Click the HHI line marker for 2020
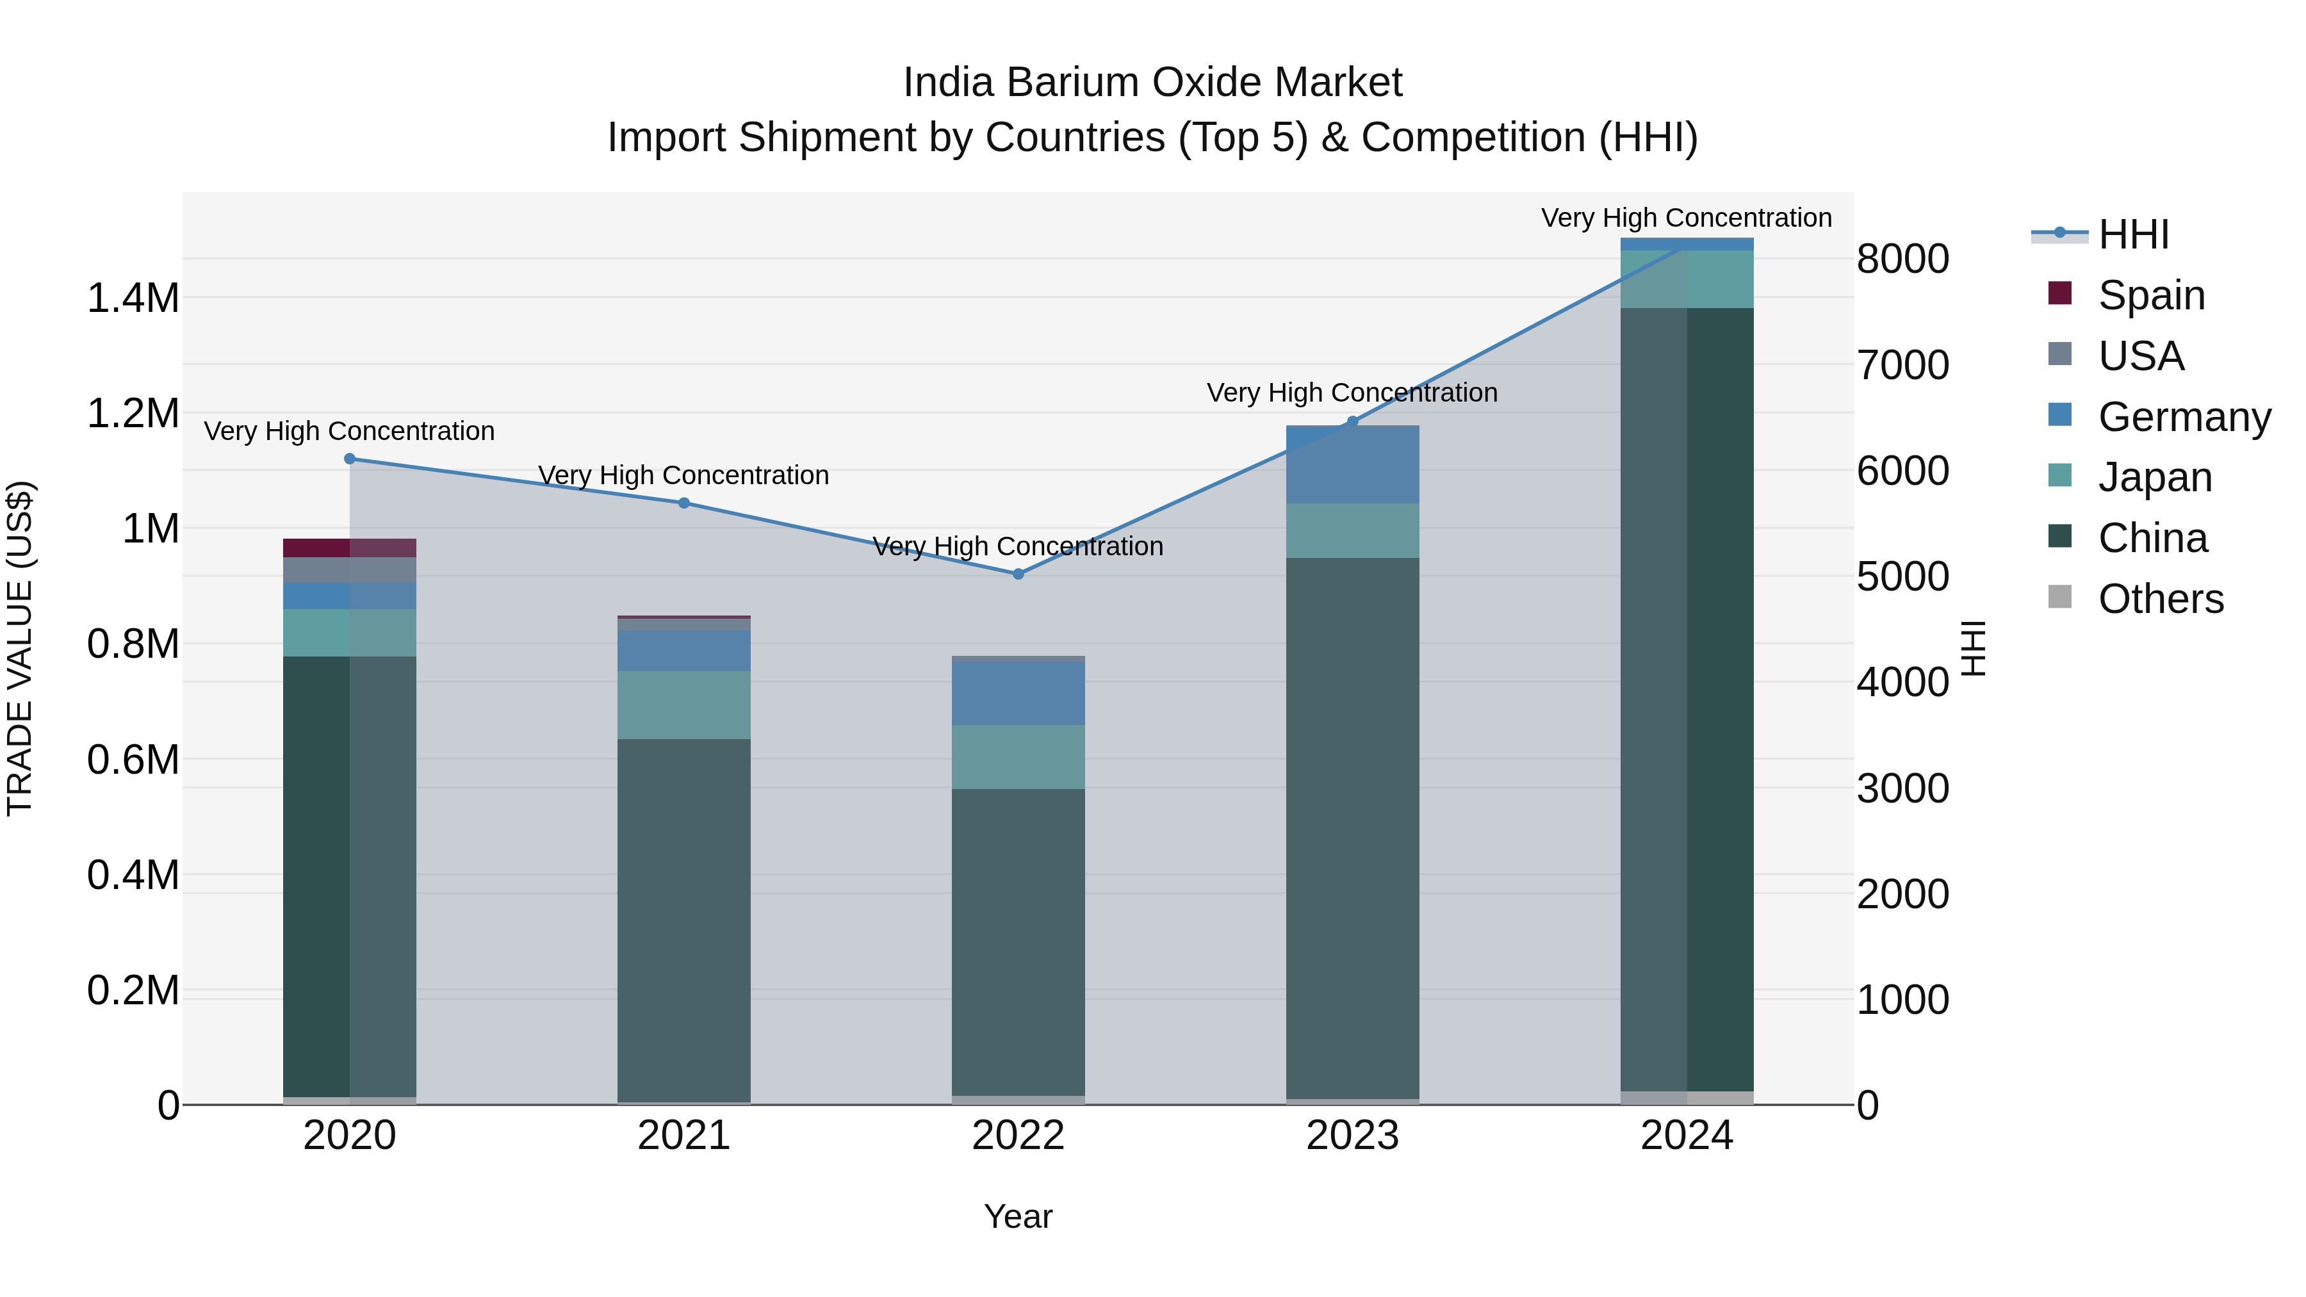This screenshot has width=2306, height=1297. tap(350, 459)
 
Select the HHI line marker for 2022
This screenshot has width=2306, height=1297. tap(1018, 574)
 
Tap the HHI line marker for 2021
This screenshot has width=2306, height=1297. tap(684, 503)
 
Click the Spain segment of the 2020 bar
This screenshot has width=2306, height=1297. tap(350, 548)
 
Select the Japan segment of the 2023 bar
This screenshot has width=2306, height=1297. tap(1353, 531)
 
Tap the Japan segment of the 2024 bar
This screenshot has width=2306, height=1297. tap(1687, 279)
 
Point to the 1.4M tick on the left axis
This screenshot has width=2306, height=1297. tap(133, 298)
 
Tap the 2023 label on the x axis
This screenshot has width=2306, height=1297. tap(1353, 1136)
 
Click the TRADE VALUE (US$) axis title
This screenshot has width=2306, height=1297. tap(20, 648)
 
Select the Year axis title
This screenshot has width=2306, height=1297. tap(1018, 1216)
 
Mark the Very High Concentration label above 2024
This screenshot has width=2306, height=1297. tap(1687, 218)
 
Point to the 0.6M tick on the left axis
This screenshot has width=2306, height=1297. tap(133, 760)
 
